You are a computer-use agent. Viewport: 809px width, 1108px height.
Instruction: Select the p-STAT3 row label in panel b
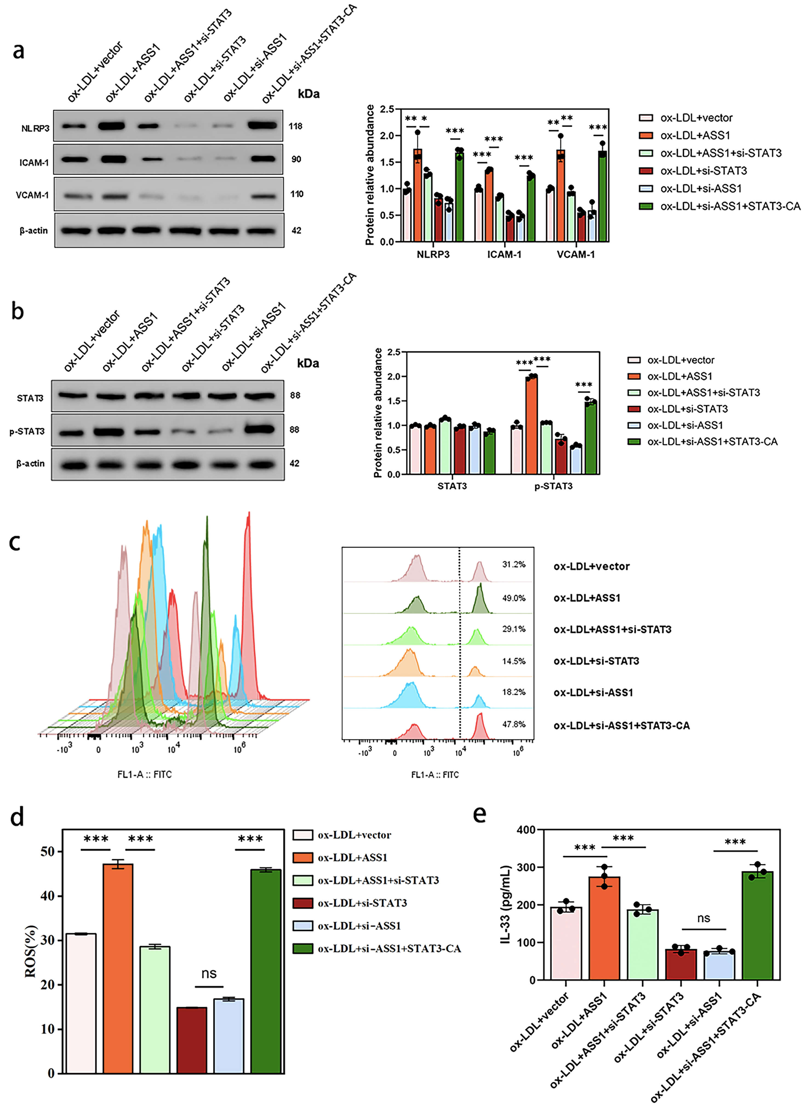27,431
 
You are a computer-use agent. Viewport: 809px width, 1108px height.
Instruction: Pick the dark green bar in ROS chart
265,971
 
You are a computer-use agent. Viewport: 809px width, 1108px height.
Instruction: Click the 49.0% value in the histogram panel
513,598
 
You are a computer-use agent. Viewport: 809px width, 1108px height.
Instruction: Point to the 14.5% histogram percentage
513,661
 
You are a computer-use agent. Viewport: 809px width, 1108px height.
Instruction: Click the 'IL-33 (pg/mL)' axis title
505,904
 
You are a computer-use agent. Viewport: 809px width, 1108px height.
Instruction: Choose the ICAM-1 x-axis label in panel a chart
504,254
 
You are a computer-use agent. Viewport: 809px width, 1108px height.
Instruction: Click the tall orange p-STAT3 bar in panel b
531,425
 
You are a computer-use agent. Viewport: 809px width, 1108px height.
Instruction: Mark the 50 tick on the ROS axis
47,852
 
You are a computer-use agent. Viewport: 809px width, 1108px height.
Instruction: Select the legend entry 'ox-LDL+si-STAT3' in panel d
362,903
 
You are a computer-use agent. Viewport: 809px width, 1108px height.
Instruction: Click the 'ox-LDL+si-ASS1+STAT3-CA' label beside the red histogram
621,726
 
